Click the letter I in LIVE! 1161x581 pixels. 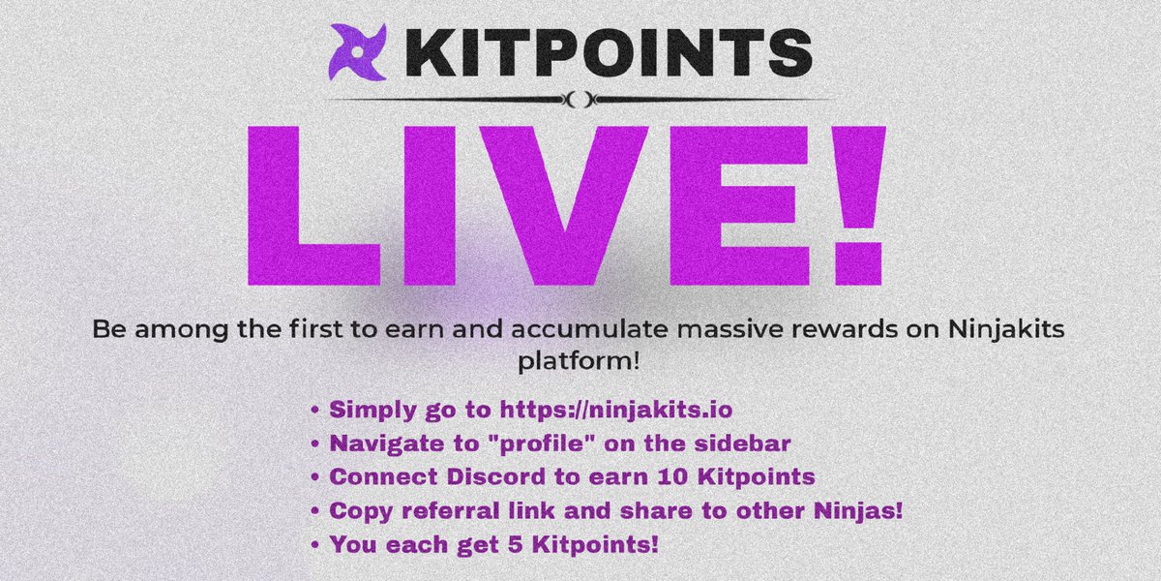pyautogui.click(x=428, y=209)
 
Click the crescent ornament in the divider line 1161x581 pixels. pyautogui.click(x=580, y=98)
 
